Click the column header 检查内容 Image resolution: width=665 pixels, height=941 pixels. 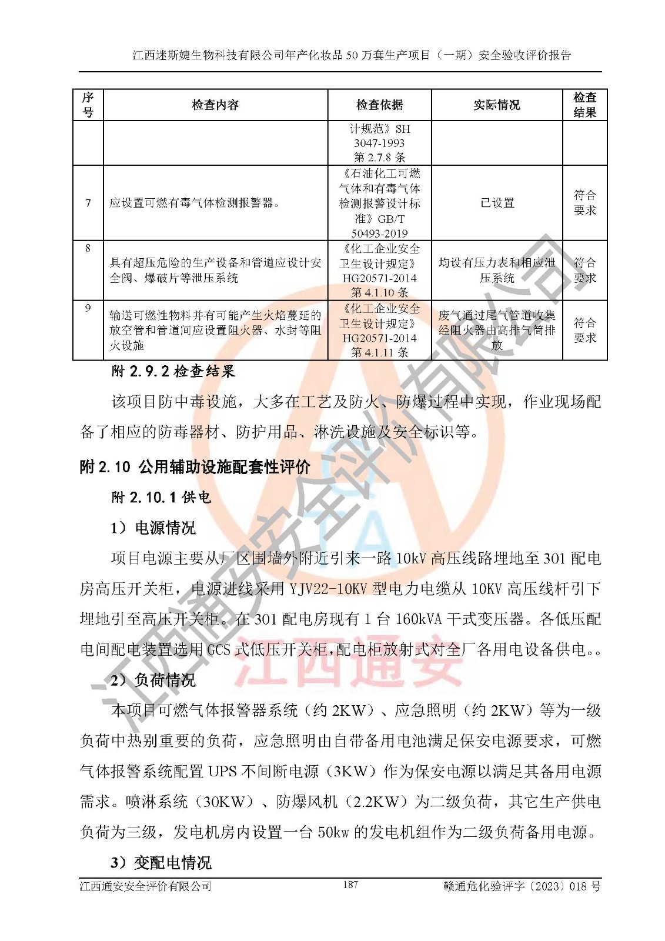pos(215,105)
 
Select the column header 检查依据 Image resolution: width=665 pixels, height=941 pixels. pos(379,105)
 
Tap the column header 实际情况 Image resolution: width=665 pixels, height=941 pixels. pos(497,105)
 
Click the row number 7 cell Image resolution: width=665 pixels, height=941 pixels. pos(88,203)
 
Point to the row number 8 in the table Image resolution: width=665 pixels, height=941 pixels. pos(88,248)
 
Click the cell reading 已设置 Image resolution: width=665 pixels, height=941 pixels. pos(497,203)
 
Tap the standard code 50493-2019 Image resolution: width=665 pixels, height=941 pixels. pos(379,233)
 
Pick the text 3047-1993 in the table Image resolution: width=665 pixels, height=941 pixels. pos(379,143)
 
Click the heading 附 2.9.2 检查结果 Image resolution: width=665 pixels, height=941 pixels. pos(173,371)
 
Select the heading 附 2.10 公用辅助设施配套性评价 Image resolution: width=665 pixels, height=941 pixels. pos(195,467)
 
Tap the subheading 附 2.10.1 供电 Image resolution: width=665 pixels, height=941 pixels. pos(161,498)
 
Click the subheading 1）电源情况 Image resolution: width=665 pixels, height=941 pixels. pos(153,528)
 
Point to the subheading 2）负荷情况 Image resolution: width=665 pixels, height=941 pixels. pos(153,680)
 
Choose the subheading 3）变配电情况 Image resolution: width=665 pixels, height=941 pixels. pos(161,863)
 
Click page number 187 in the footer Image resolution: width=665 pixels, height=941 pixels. pos(350,885)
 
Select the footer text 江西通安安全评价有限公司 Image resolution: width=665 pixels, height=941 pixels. pos(145,886)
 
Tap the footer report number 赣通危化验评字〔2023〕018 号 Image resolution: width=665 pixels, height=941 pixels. pos(522,886)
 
